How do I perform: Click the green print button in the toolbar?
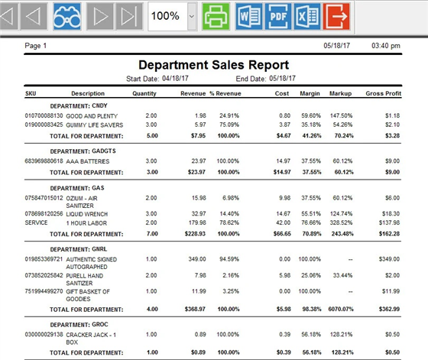tap(216, 15)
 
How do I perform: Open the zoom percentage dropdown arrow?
tap(191, 15)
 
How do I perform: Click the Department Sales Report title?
tap(213, 65)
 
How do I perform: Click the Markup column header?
tap(340, 94)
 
